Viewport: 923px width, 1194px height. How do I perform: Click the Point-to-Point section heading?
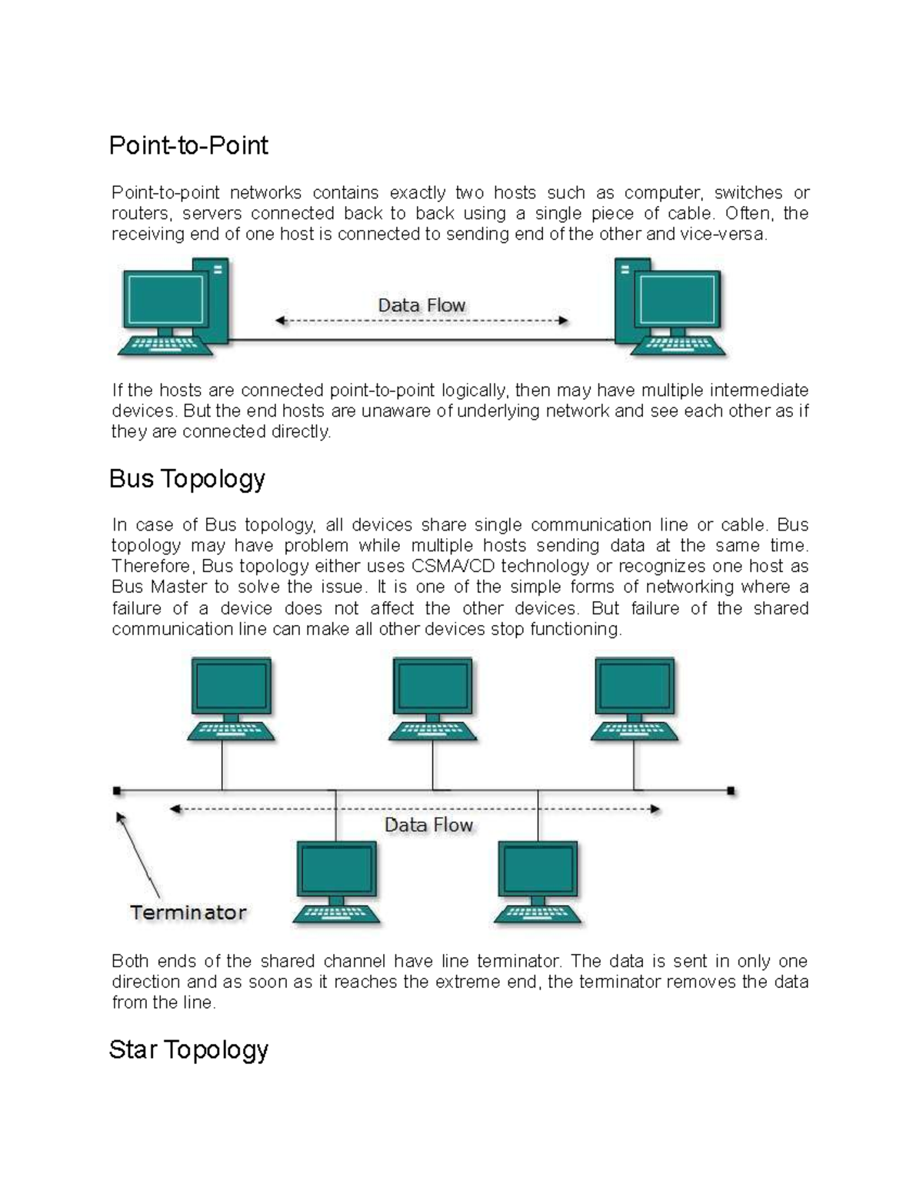coord(188,145)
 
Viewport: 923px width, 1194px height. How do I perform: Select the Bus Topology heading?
coord(187,478)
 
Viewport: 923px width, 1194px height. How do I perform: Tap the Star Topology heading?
coord(188,1049)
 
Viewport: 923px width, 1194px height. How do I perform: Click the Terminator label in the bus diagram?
coord(188,913)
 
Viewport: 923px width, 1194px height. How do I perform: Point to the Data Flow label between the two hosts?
coord(422,305)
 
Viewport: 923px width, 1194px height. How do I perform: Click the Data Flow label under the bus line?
coord(428,825)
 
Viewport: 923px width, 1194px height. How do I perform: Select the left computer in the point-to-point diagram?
coord(173,308)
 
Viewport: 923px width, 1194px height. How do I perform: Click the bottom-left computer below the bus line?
coord(337,881)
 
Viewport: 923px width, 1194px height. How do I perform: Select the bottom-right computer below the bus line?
coord(538,881)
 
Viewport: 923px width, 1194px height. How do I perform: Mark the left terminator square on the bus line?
coord(117,790)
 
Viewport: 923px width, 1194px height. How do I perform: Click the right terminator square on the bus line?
coord(731,790)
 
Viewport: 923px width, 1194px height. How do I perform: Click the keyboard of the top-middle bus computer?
coord(432,730)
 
